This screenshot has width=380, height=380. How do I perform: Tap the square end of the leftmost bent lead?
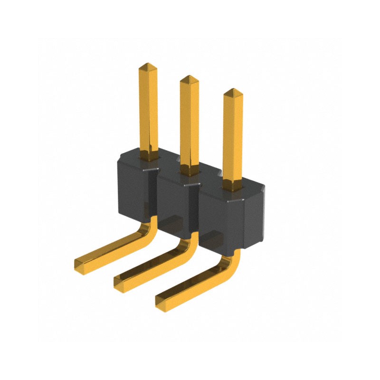click(x=81, y=266)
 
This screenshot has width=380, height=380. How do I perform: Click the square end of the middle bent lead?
click(x=120, y=283)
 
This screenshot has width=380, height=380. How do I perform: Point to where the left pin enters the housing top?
click(x=148, y=156)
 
